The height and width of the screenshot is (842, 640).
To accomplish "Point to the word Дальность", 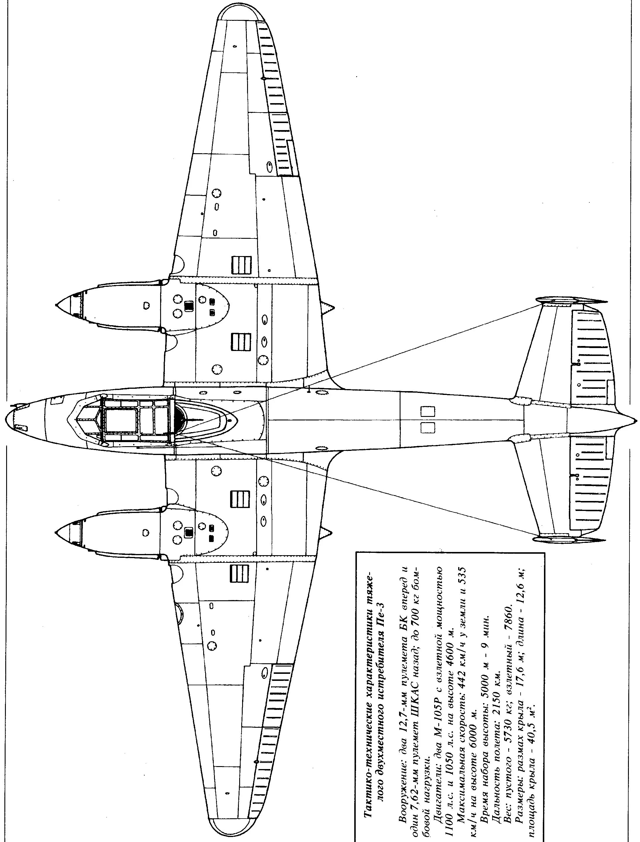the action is point(495,786).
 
